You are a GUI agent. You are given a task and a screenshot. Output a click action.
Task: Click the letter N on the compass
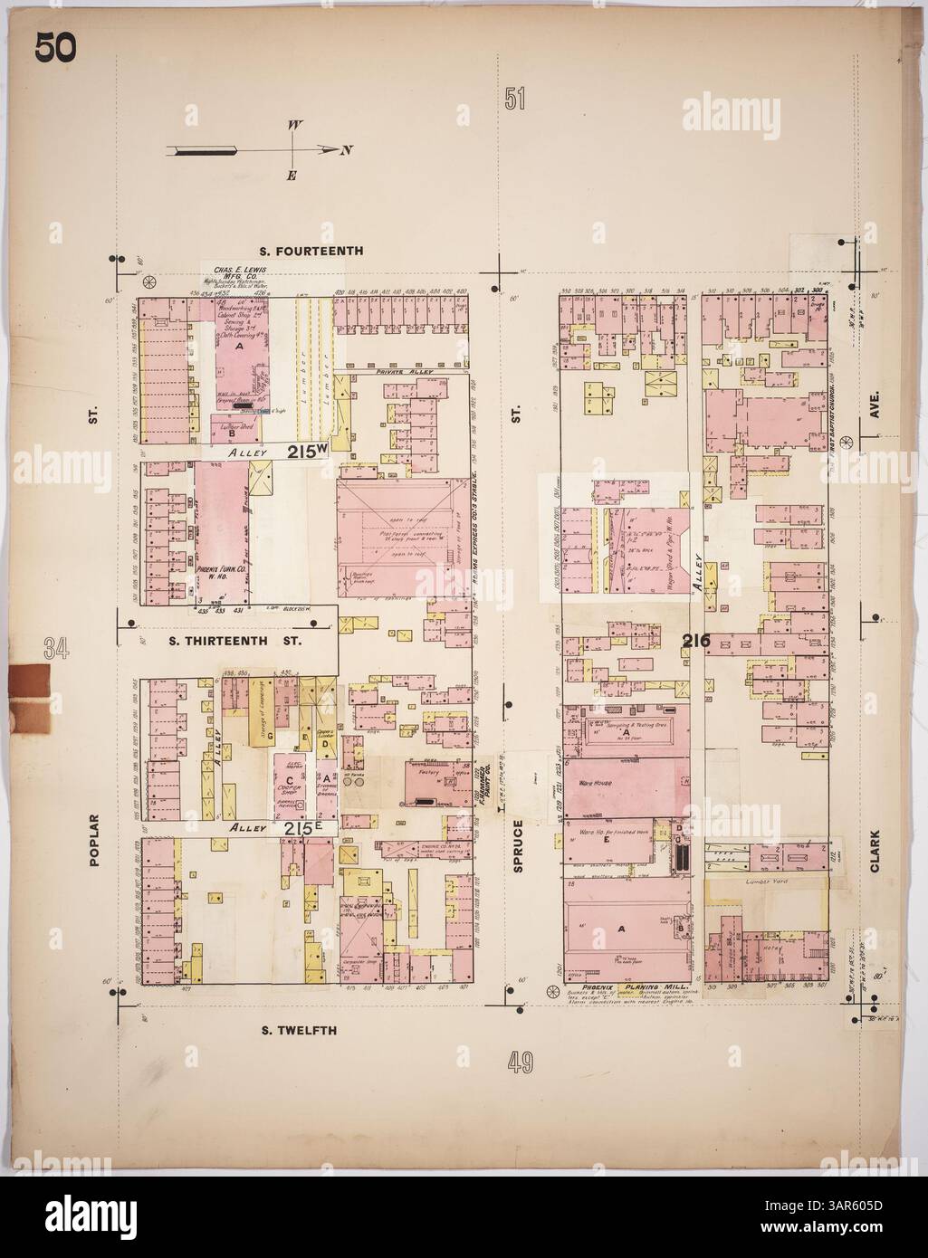coord(346,150)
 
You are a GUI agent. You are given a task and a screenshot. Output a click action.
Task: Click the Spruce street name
coord(519,843)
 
